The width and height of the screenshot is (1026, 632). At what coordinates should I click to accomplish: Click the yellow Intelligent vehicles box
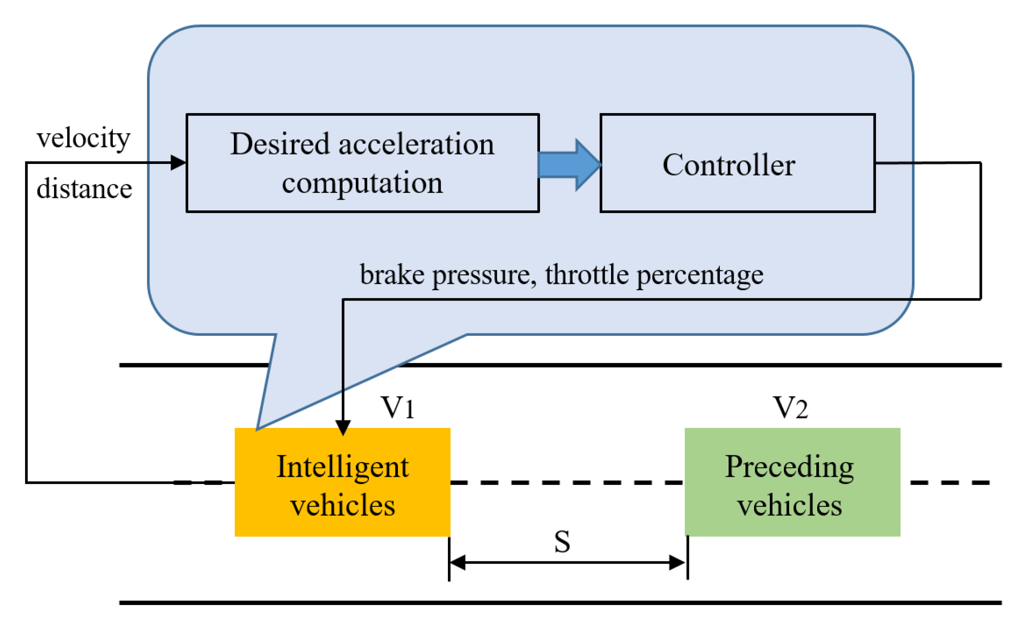pos(342,482)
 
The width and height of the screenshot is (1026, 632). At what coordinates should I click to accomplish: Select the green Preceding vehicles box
pos(792,482)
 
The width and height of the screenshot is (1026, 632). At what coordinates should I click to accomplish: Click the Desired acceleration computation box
pos(363,163)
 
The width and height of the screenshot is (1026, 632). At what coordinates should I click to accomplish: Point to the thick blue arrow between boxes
pos(570,165)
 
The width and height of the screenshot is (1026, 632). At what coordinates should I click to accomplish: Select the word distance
pos(84,188)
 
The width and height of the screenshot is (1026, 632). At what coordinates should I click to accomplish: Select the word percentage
pos(700,276)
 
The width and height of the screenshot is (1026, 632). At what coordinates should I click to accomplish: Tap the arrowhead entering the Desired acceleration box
pos(179,162)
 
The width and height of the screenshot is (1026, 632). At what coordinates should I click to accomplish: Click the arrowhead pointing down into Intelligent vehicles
pos(343,428)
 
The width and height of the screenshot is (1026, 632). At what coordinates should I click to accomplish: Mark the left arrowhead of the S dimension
pos(457,562)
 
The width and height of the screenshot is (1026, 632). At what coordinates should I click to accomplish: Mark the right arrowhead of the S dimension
pos(677,562)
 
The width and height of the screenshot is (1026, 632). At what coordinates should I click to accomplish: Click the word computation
pos(362,183)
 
